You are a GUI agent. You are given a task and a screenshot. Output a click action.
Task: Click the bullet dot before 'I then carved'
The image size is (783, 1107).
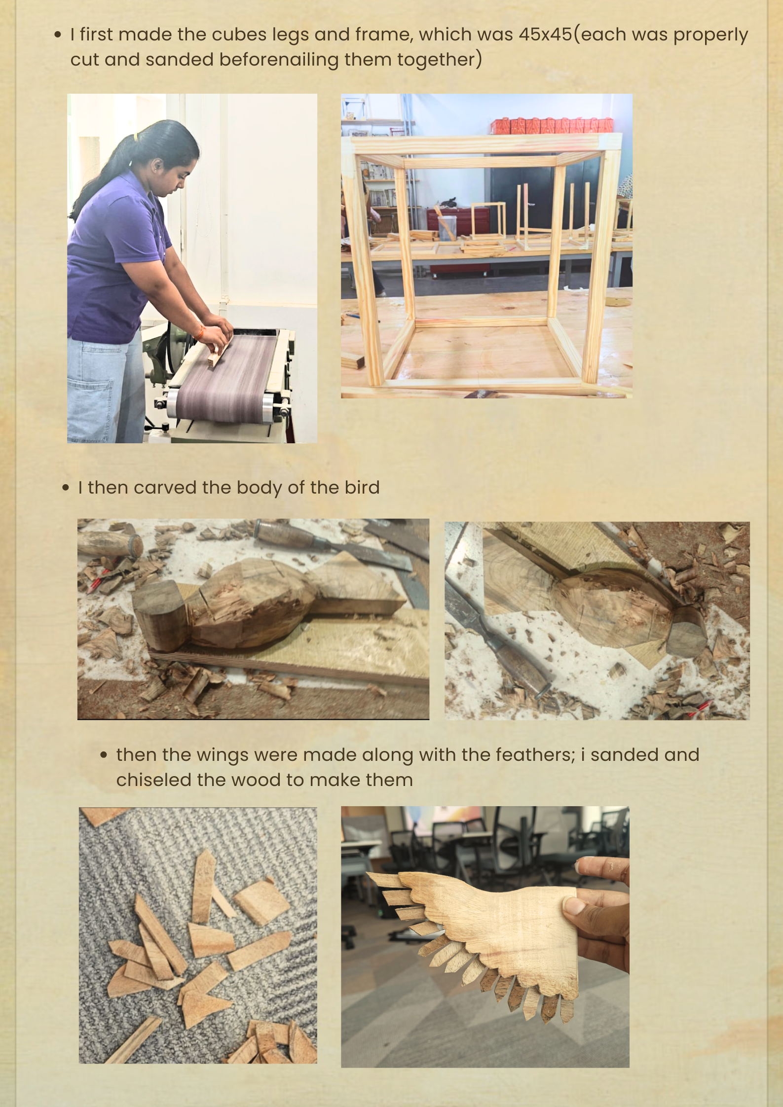pos(66,488)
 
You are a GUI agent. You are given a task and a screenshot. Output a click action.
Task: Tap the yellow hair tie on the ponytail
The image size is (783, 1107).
pos(134,137)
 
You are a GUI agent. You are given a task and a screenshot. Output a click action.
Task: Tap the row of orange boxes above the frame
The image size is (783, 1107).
pos(552,126)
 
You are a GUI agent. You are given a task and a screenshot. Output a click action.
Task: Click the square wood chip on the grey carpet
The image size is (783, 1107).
pos(261,902)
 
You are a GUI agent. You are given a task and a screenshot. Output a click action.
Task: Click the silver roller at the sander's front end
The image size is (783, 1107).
pos(269,408)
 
